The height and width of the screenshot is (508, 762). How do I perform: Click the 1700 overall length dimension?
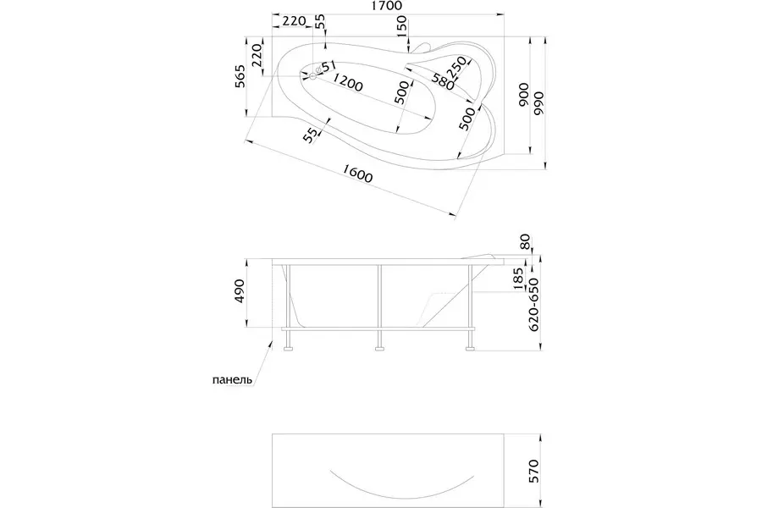point(387,6)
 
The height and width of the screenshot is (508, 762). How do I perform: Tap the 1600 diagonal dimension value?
point(357,174)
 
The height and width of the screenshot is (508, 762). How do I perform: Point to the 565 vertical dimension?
point(240,76)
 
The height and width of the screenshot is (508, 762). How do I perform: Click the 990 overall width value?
point(538,103)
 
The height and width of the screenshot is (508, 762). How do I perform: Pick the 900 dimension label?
point(523,96)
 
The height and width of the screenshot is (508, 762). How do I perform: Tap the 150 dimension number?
point(401,27)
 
